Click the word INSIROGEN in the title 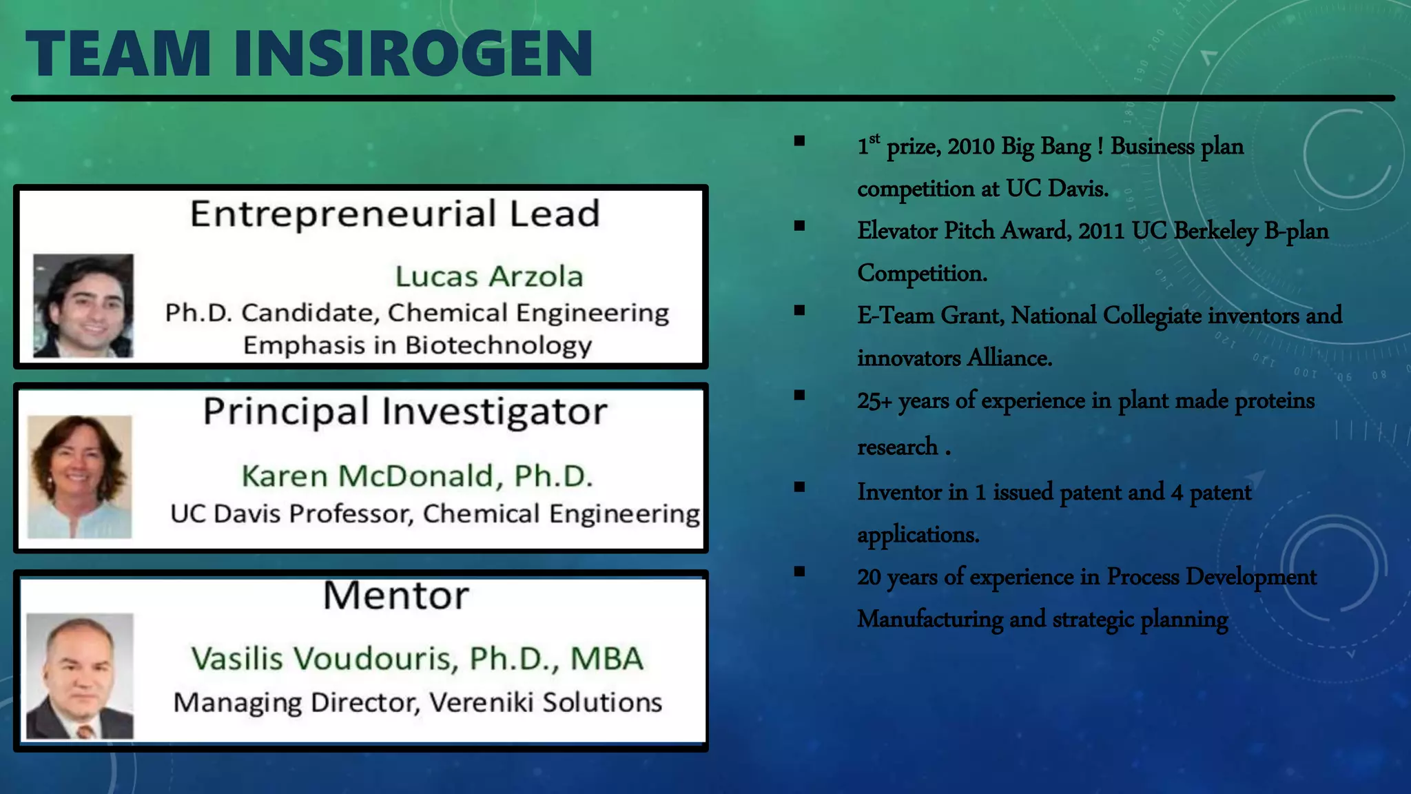click(x=413, y=54)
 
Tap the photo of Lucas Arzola click(x=83, y=305)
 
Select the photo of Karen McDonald click(x=79, y=476)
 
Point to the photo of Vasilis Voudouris click(x=80, y=675)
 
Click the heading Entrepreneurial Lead click(x=395, y=214)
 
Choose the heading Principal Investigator click(x=405, y=411)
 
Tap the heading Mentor click(x=396, y=595)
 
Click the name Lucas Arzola click(x=489, y=276)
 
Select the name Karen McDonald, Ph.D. click(x=417, y=476)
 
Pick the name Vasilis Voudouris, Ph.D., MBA click(x=417, y=658)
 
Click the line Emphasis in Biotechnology click(x=417, y=345)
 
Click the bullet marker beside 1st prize click(x=799, y=141)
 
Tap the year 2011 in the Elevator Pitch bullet click(x=1101, y=231)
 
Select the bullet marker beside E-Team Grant click(x=799, y=310)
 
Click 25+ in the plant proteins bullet click(x=874, y=400)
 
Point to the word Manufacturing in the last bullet click(x=930, y=619)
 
